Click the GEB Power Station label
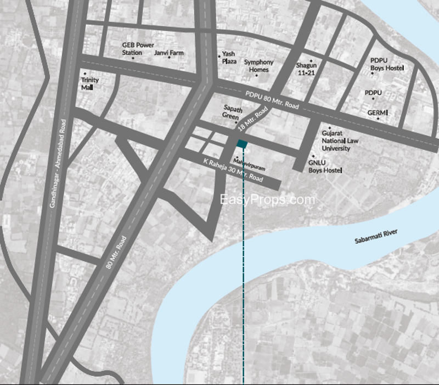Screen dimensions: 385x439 coord(138,49)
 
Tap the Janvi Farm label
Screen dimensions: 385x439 coord(169,53)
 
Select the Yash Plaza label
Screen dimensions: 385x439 coord(229,58)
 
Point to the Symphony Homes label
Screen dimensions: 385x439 coord(258,66)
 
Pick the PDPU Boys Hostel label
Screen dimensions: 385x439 coord(387,64)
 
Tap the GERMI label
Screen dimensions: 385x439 coord(378,113)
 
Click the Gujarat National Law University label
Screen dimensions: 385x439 coord(340,141)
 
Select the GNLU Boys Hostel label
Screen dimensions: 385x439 coord(325,167)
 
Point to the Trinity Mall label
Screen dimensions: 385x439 coord(89,84)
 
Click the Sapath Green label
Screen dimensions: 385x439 coord(233,112)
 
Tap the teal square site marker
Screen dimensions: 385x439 coord(243,144)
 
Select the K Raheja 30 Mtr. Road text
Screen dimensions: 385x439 coord(233,171)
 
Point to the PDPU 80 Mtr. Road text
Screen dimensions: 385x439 coord(272,100)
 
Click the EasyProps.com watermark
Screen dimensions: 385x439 coord(267,200)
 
